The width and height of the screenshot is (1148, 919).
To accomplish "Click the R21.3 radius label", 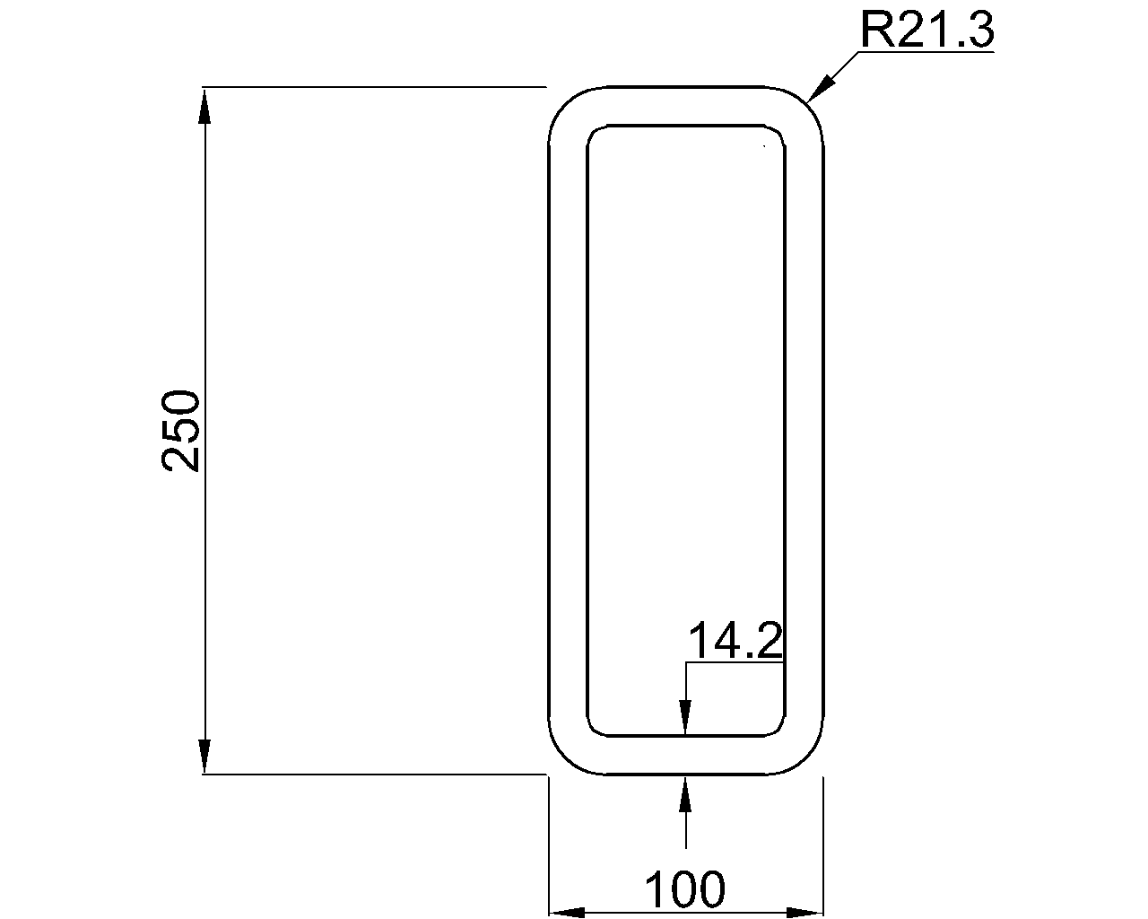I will pos(926,31).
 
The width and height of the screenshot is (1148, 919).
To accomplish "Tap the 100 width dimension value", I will pos(684,889).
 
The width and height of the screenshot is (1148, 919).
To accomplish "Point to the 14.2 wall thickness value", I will pos(735,641).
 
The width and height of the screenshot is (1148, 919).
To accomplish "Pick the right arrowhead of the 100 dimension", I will pos(804,913).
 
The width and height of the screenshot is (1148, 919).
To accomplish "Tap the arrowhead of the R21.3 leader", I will pos(820,89).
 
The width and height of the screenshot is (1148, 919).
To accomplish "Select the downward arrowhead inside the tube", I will pos(685,718).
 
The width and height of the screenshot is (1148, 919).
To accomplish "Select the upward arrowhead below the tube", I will pos(685,794).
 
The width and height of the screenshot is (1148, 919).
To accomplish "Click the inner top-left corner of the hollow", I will pos(593,131).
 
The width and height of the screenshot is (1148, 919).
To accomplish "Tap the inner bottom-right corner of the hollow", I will pos(779,730).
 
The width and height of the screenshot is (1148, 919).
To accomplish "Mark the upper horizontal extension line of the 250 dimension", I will pos(377,87).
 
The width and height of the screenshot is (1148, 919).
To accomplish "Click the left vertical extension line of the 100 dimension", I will pos(549,844).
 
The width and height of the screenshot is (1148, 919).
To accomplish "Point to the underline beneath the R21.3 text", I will pos(924,53).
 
